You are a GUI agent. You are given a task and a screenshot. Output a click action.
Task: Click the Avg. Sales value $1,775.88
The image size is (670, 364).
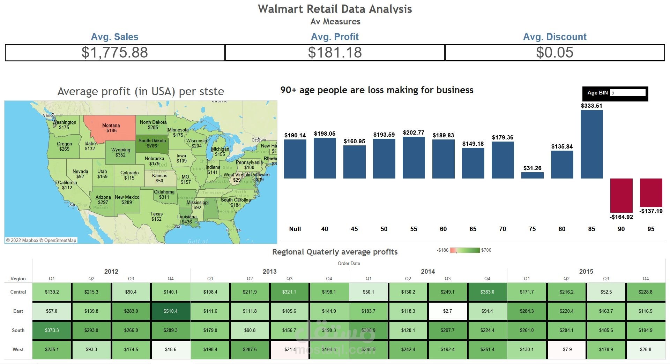click(115, 53)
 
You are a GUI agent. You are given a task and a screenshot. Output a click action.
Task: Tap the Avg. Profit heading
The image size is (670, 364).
click(335, 37)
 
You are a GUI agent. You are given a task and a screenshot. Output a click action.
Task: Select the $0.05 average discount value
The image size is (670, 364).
click(554, 53)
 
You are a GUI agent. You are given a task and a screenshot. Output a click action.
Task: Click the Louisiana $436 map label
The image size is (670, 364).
click(187, 219)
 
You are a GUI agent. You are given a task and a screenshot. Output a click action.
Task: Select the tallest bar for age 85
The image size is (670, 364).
click(591, 144)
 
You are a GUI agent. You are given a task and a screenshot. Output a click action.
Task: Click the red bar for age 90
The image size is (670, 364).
click(621, 195)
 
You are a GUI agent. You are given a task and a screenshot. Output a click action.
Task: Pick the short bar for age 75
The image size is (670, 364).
click(532, 175)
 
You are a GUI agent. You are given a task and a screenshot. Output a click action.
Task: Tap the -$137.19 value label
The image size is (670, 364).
click(651, 211)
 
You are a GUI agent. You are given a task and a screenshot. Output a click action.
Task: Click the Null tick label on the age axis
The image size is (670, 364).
click(295, 229)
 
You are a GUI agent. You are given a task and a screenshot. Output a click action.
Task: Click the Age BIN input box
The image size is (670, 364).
click(627, 93)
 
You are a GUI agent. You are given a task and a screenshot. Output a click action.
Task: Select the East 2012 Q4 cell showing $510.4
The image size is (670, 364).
click(171, 311)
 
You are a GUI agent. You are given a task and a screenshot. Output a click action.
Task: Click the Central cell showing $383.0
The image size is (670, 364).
click(487, 292)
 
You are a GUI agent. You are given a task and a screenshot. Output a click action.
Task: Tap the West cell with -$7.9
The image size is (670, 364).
click(566, 349)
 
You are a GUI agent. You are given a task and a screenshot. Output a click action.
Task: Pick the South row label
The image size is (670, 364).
click(18, 330)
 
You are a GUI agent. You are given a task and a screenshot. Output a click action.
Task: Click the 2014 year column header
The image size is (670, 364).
click(428, 272)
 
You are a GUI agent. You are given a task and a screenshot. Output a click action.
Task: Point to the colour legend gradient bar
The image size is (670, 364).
click(465, 250)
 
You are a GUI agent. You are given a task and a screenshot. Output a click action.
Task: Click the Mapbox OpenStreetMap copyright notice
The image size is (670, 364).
click(41, 240)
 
